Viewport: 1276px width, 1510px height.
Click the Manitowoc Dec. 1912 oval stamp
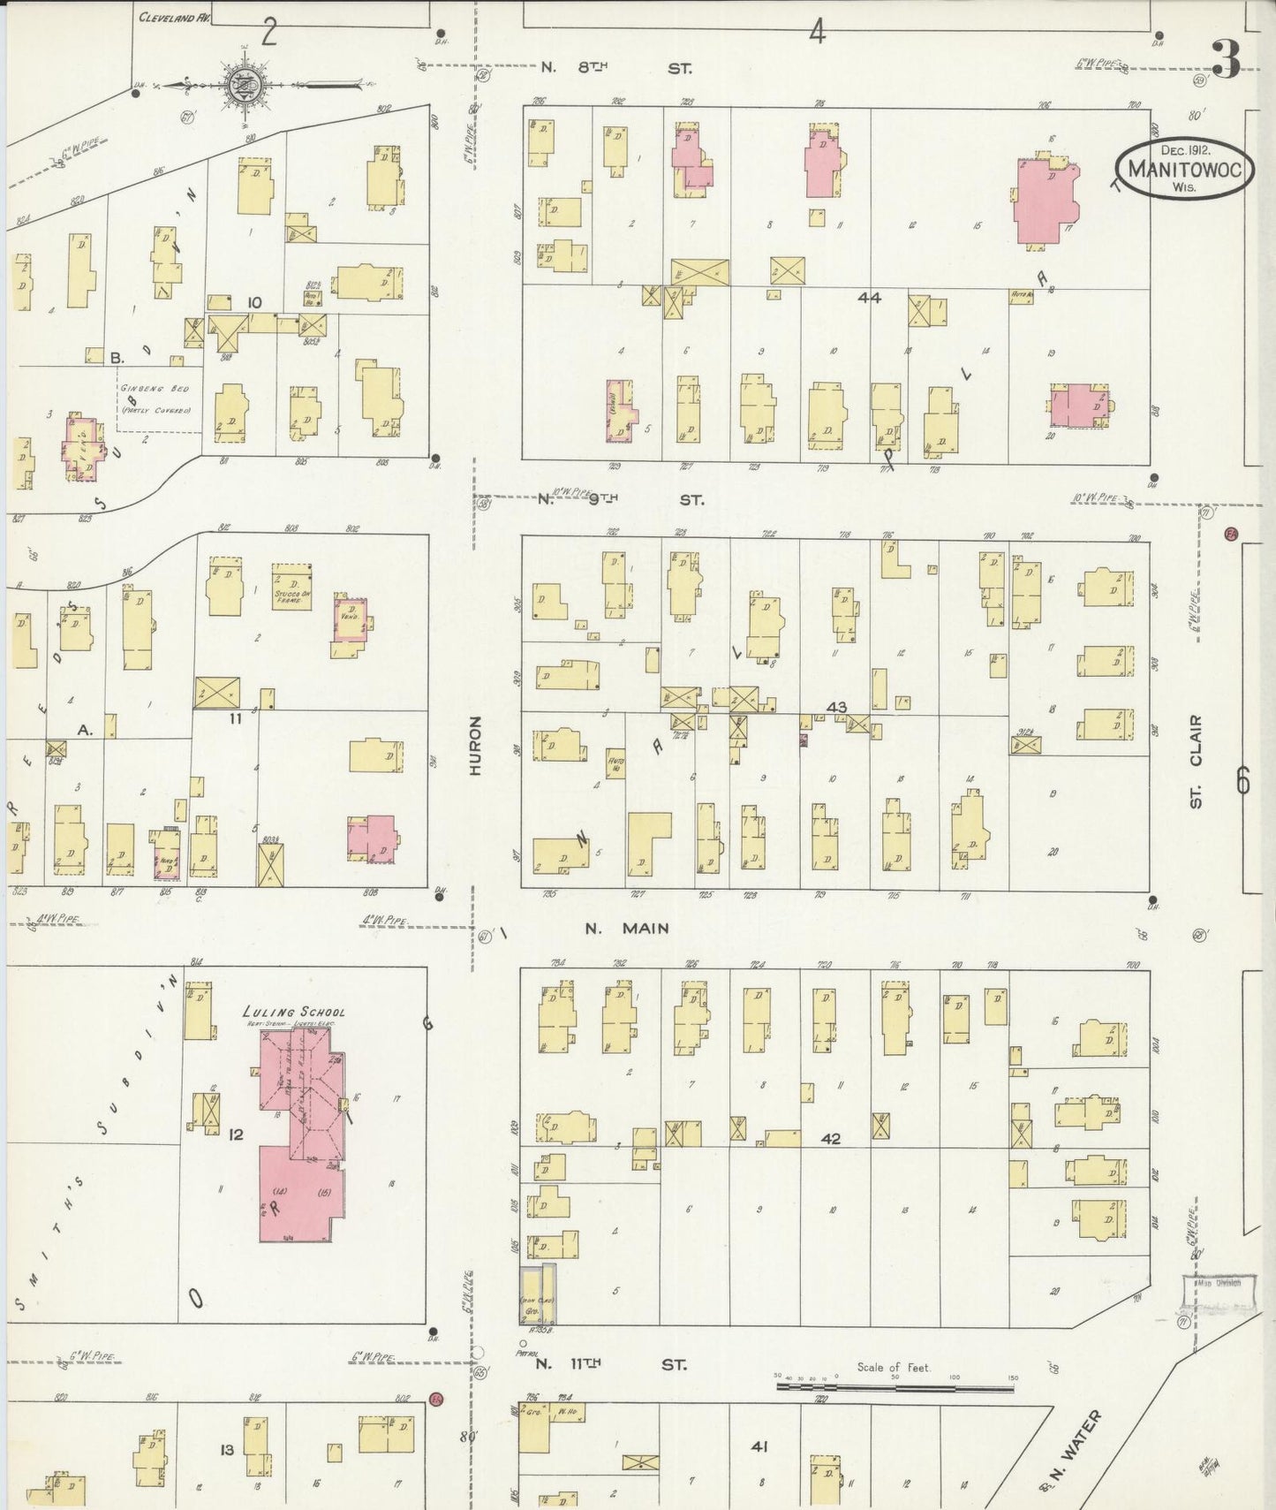coord(1184,168)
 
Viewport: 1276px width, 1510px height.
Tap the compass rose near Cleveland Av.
coord(240,86)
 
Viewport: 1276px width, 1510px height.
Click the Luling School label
coord(294,1013)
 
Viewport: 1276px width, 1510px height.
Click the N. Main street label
coord(627,929)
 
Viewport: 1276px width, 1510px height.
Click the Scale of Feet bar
coord(896,1386)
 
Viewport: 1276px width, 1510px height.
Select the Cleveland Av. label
coord(174,17)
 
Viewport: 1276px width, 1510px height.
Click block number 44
coord(869,298)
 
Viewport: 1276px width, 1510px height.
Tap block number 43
coord(836,707)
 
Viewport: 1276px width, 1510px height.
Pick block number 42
coord(830,1139)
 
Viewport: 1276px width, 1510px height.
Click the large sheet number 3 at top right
coord(1226,57)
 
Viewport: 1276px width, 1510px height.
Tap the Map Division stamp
coord(1218,1284)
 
